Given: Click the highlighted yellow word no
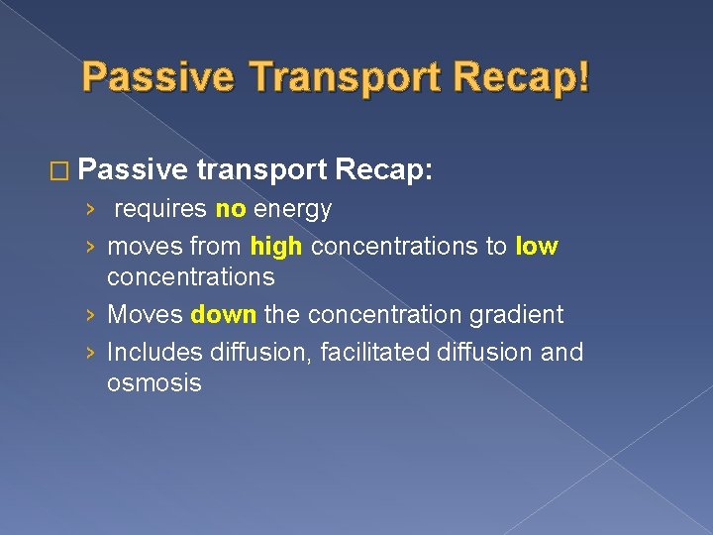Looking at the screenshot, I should [229, 209].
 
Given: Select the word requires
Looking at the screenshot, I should [158, 209].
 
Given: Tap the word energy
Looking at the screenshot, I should [292, 209].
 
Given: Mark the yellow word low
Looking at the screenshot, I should [537, 247].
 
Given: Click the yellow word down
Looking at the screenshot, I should [224, 315].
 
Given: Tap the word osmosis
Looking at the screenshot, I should [153, 382].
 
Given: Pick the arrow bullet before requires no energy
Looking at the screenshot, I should [90, 210].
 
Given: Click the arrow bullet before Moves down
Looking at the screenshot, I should [90, 316].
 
